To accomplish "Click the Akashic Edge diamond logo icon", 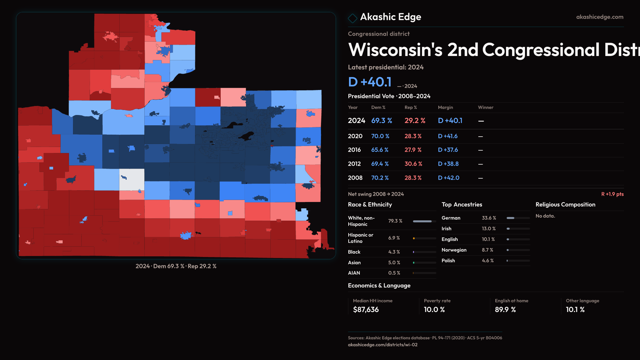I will (352, 18).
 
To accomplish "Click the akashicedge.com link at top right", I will (599, 17).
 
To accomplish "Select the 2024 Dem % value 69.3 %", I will (381, 121).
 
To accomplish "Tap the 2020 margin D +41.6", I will (447, 136).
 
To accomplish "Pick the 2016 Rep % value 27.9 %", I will (413, 150).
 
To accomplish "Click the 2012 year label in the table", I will (354, 164).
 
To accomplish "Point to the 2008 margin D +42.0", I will (448, 178).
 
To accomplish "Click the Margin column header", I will (445, 107).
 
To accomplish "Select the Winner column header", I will (485, 107).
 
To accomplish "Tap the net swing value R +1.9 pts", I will (612, 194).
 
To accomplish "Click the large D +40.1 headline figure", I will (370, 82).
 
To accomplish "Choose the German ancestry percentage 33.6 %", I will (489, 218).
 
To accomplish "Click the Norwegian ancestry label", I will (454, 250).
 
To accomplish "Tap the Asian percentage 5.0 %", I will (394, 263).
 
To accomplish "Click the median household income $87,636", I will (366, 310).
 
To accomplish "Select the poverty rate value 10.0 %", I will (434, 310).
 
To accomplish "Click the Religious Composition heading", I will (565, 205).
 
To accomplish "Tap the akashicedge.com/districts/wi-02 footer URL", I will (382, 345).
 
